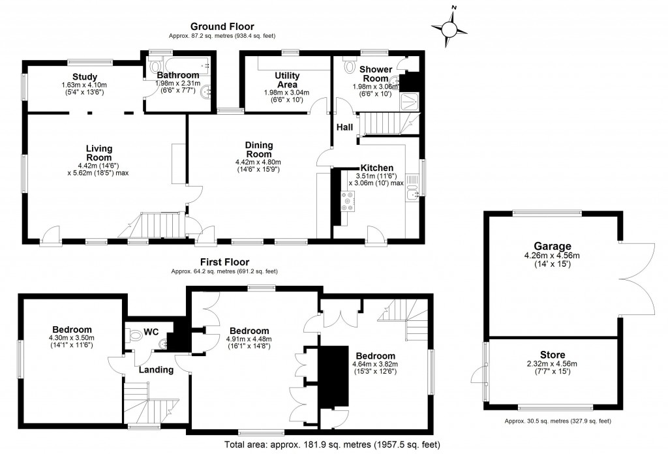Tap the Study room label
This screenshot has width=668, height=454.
(x=84, y=77)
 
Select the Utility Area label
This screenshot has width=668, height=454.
(x=287, y=80)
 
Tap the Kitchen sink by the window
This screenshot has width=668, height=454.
(x=412, y=192)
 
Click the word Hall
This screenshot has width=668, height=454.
(x=344, y=128)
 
